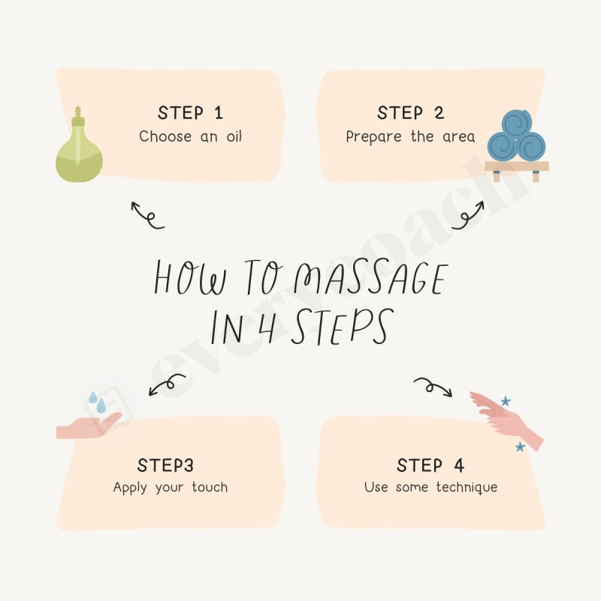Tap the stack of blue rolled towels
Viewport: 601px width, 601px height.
coord(516,137)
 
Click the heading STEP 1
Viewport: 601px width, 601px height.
coord(190,113)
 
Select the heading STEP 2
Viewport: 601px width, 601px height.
coord(410,113)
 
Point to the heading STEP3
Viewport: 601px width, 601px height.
coord(165,465)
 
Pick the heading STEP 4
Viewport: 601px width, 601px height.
coord(430,465)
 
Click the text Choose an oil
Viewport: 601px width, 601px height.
coord(190,137)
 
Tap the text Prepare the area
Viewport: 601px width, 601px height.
coord(410,137)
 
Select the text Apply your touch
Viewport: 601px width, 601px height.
coord(170,487)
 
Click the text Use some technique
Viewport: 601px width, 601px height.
coord(430,487)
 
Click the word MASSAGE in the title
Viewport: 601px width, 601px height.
coord(370,279)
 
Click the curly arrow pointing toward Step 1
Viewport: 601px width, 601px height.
coord(146,215)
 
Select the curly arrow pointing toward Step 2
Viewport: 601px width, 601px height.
coord(467,215)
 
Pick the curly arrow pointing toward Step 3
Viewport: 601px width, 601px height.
coord(166,385)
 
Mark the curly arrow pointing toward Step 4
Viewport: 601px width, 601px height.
coord(433,386)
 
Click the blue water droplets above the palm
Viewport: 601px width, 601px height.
coord(97,402)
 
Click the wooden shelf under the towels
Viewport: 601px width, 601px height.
coord(516,167)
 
